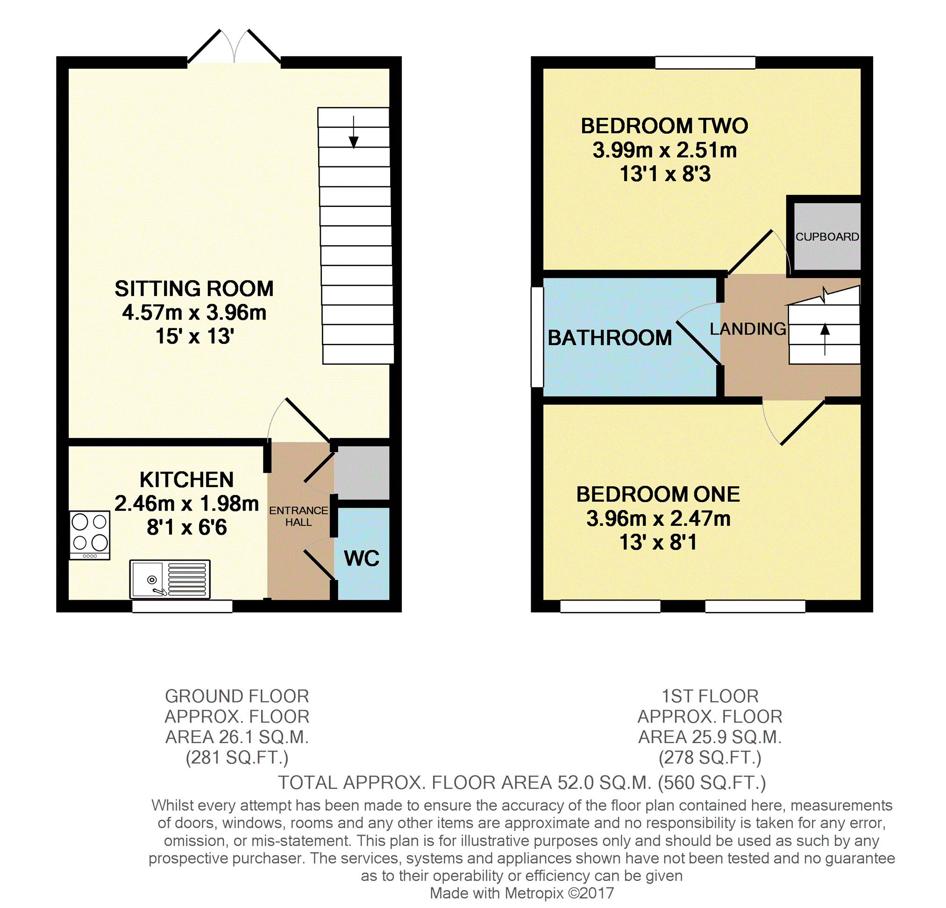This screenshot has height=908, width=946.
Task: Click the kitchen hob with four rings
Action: [90, 535]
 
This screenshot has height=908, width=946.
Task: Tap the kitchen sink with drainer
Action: [170, 579]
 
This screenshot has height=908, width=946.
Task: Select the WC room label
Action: [362, 558]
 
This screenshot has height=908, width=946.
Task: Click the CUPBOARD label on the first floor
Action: [827, 237]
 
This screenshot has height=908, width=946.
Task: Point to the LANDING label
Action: [747, 328]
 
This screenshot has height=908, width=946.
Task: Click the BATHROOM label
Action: [610, 337]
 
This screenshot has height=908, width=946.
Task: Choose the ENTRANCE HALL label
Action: [298, 516]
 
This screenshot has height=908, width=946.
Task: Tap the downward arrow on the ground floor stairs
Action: [353, 132]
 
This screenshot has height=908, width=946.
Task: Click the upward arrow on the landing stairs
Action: [825, 339]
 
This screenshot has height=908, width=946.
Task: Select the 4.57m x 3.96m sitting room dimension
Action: [194, 312]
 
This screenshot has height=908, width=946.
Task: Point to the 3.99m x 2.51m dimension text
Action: [665, 150]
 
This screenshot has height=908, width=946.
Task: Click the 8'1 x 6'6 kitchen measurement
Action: [187, 527]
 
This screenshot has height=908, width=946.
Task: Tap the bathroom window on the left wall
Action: [537, 337]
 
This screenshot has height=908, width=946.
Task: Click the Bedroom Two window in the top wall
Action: [705, 63]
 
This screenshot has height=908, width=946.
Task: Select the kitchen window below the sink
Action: [182, 606]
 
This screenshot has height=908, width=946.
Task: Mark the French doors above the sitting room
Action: [234, 47]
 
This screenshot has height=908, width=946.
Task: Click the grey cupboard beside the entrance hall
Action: [362, 472]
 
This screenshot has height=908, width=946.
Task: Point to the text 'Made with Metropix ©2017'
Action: [522, 893]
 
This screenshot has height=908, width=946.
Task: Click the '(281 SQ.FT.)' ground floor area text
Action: [237, 758]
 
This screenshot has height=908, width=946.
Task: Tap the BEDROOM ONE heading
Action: [658, 494]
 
